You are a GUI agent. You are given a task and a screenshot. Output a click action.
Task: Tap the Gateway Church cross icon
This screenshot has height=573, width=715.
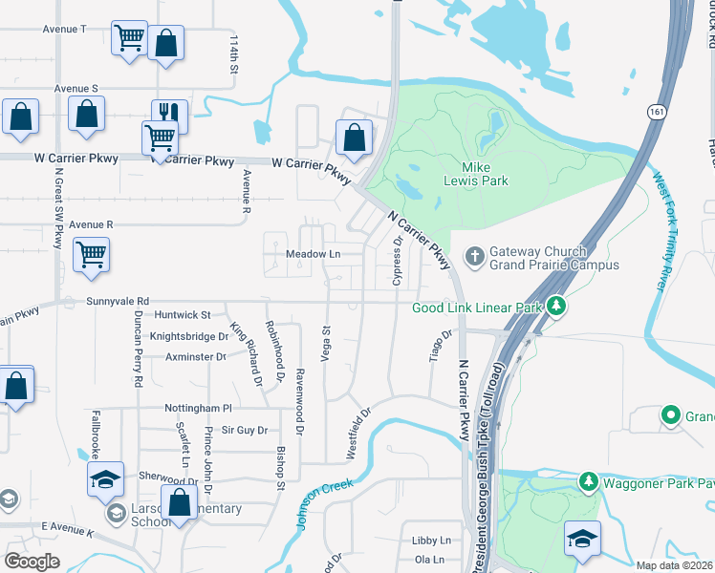tap(473, 256)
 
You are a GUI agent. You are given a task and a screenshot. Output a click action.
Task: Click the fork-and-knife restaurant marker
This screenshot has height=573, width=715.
tap(169, 114)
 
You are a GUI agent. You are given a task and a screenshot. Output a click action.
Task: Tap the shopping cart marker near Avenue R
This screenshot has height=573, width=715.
tap(92, 255)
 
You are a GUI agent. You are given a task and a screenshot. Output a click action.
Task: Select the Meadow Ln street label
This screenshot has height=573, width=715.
tap(314, 254)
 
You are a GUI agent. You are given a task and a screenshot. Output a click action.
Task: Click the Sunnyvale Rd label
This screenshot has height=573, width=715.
tap(118, 300)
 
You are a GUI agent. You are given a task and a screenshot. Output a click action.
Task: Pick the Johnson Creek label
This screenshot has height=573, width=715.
tap(315, 498)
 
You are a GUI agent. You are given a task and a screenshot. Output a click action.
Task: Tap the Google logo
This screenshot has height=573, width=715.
tap(32, 562)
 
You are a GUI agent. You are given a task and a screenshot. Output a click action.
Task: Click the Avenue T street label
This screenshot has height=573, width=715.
tap(64, 29)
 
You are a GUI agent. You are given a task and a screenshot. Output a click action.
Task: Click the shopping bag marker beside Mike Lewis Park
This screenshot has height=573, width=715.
tap(354, 137)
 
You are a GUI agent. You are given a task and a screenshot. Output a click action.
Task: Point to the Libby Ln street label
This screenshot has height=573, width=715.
tap(423, 540)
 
